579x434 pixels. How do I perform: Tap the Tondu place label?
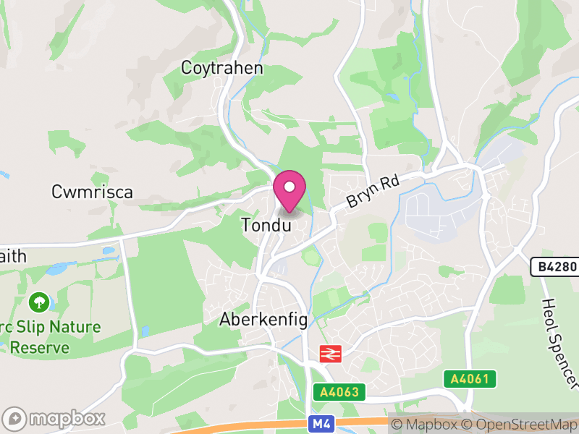266,225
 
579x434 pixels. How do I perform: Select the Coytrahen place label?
221,69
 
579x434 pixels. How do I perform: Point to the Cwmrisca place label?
92,192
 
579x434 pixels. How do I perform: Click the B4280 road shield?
557,267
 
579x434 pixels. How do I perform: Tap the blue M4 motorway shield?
319,424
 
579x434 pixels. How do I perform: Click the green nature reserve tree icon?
37,300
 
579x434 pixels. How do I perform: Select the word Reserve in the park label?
40,347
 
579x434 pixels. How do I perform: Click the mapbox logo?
54,418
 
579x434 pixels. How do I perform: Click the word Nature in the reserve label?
75,327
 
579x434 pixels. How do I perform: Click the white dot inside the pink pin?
289,186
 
